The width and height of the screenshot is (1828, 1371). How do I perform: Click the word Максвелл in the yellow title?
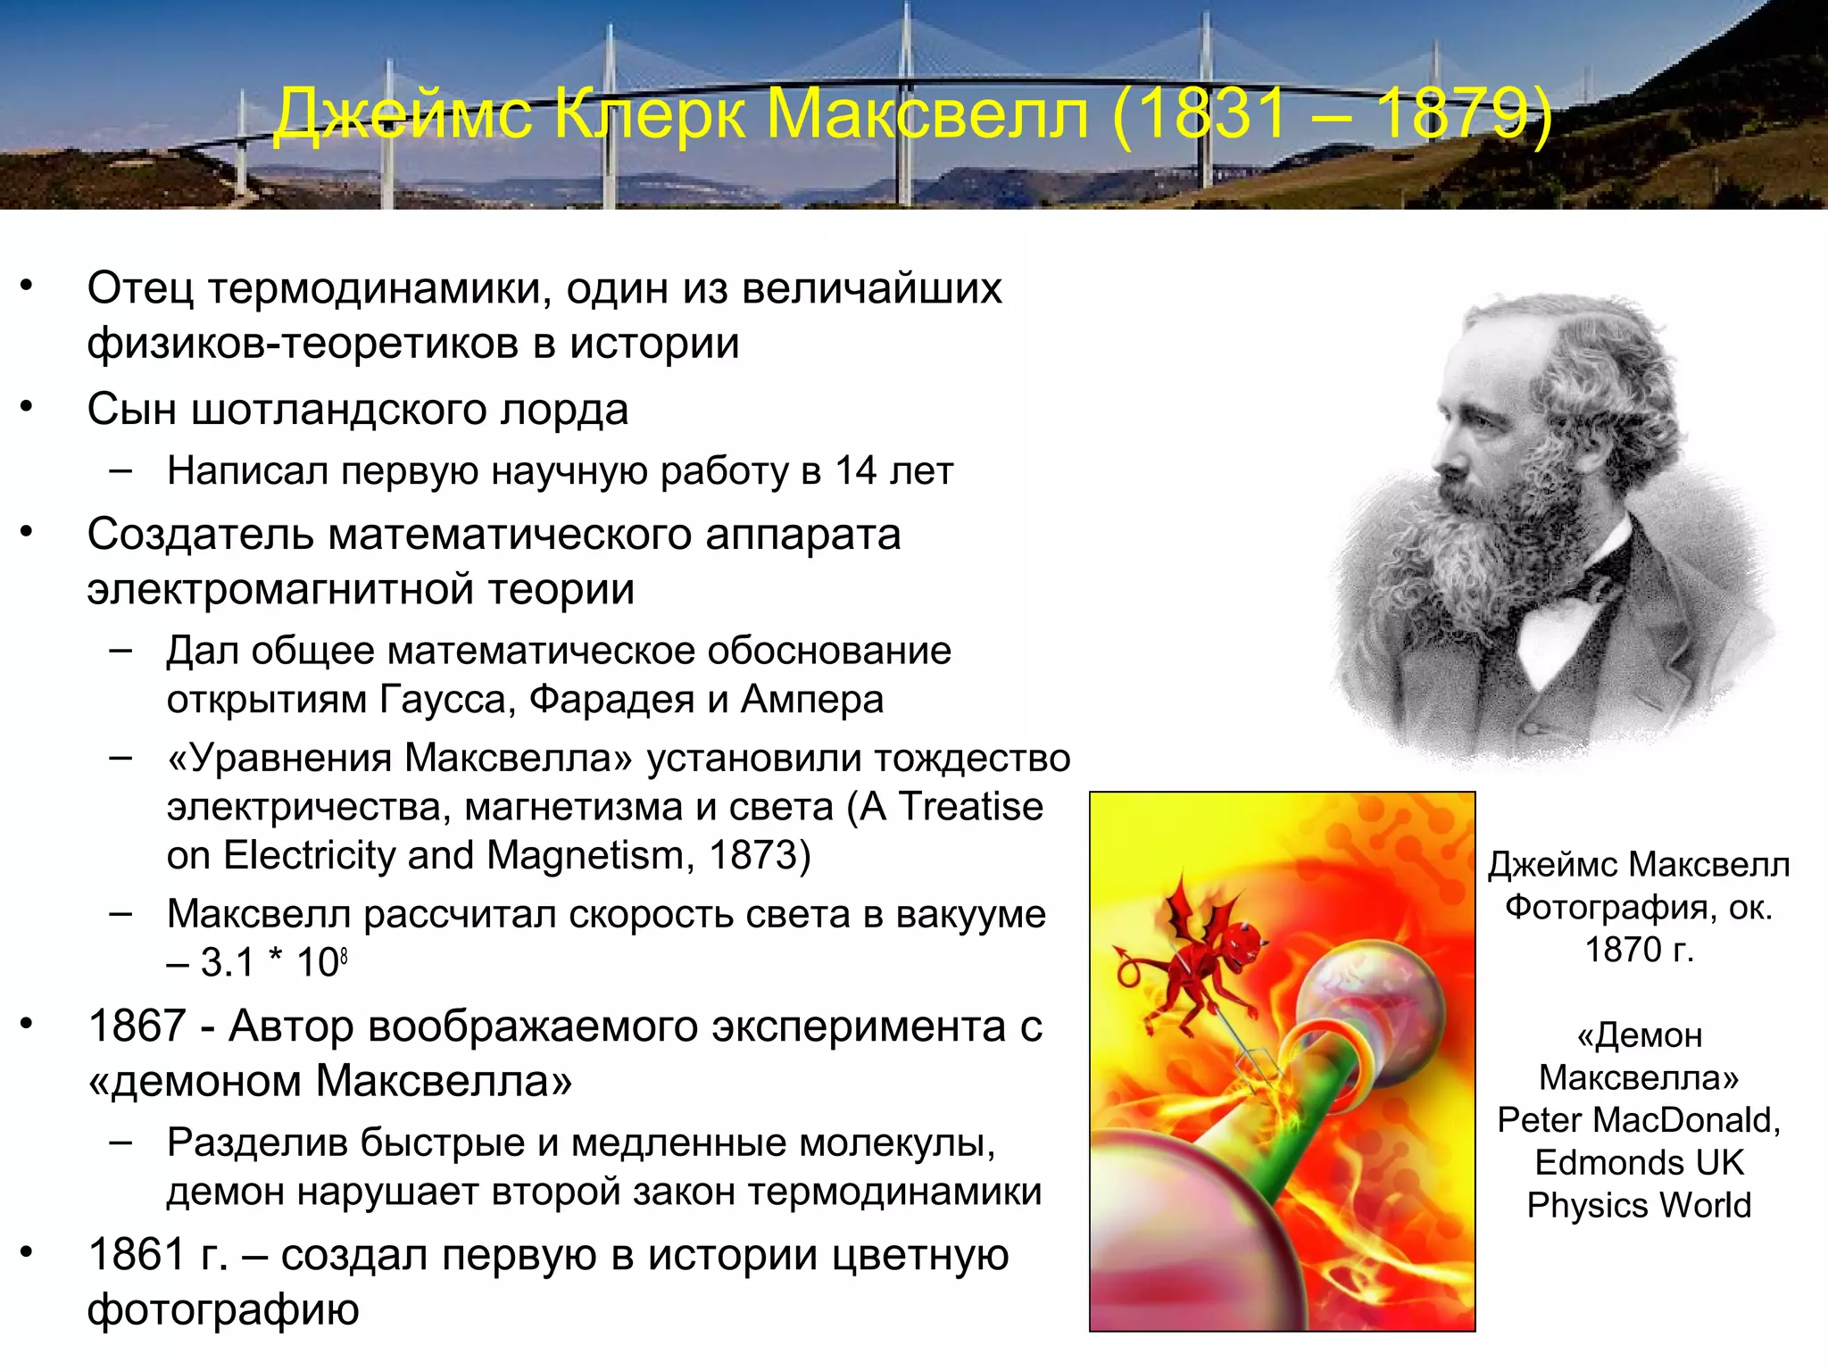coord(928,114)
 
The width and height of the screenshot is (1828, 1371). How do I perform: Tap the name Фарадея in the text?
coord(611,699)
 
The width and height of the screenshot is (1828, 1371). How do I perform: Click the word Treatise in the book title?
coord(970,806)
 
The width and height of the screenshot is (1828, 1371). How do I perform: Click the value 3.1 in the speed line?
coord(227,962)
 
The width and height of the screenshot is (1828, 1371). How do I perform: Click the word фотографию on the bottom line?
coord(223,1309)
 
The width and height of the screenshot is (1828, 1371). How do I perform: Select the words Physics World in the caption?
coord(1639,1205)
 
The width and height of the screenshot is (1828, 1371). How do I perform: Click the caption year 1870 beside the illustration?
coord(1624,950)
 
